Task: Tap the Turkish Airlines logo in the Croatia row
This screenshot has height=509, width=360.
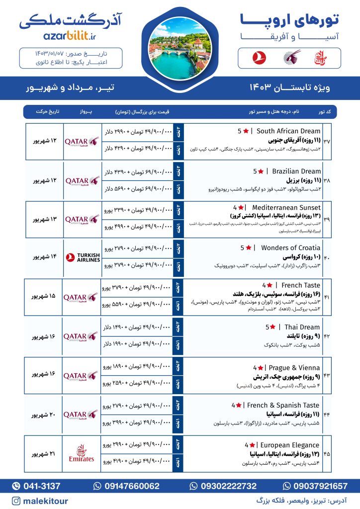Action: tap(82, 257)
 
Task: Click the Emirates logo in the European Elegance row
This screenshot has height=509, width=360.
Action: tap(82, 453)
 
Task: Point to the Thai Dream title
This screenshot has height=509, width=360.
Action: tap(302, 327)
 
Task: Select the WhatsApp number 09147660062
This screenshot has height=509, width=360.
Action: tap(131, 486)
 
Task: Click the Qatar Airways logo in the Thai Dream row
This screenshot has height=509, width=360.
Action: tap(82, 336)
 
